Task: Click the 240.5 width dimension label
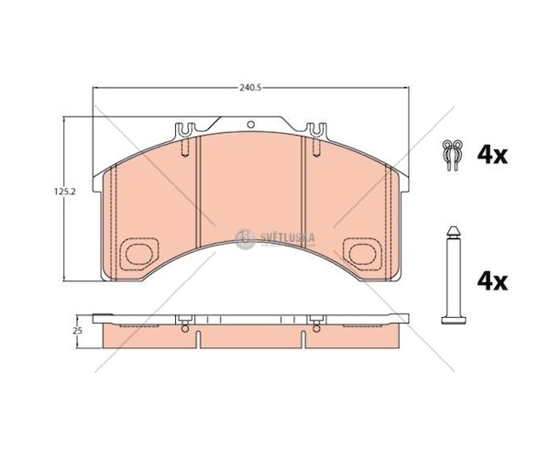pyautogui.click(x=251, y=88)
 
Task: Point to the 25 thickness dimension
pyautogui.click(x=79, y=331)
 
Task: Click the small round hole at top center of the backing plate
pyautogui.click(x=250, y=124)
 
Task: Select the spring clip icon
pyautogui.click(x=453, y=155)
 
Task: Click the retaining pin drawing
pyautogui.click(x=454, y=275)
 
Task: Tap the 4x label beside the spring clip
pyautogui.click(x=492, y=155)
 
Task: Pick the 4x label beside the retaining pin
pyautogui.click(x=492, y=281)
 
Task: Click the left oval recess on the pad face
pyautogui.click(x=139, y=254)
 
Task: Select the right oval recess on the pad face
pyautogui.click(x=363, y=254)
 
